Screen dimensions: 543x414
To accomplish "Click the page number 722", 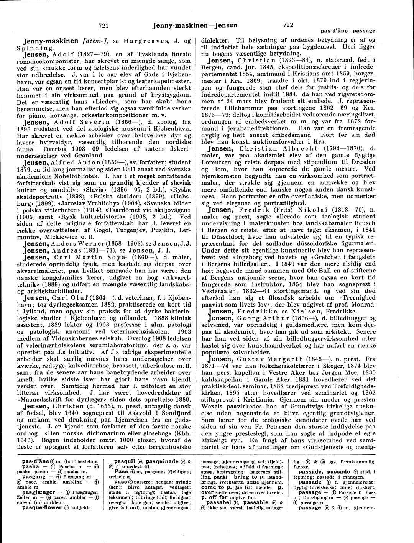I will [288, 25].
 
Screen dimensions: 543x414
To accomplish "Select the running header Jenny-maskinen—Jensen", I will [195, 26].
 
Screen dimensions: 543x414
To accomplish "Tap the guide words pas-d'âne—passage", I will [348, 31].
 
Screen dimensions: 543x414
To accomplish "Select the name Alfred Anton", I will [72, 162].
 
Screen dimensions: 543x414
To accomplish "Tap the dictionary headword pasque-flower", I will [42, 507].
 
